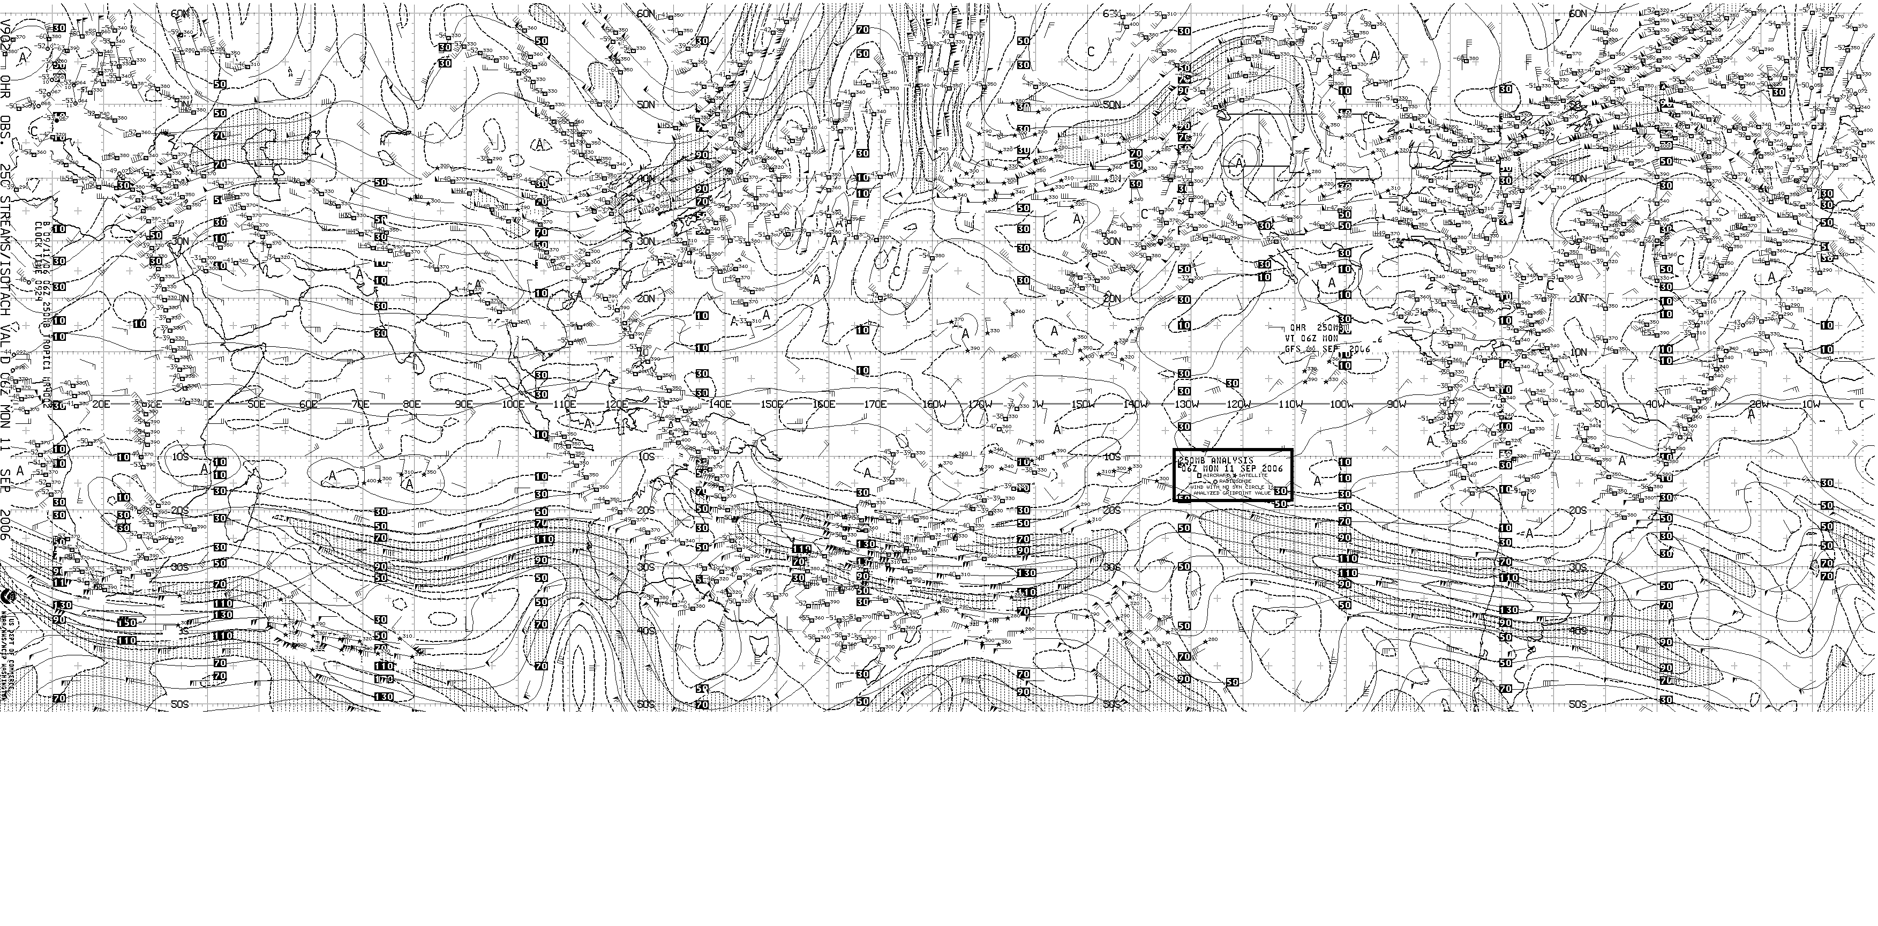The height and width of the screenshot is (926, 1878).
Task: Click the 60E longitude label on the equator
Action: (309, 404)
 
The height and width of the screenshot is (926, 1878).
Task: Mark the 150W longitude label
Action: (1082, 404)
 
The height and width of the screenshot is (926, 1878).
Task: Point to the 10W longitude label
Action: (1810, 404)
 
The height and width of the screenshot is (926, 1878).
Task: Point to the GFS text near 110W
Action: (1294, 349)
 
